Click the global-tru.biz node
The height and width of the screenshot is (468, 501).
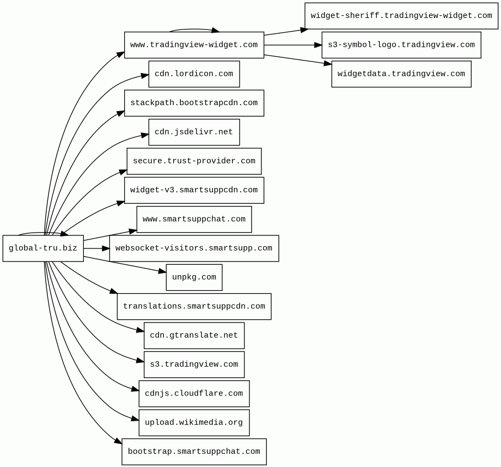43,248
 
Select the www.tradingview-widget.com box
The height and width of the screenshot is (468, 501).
194,45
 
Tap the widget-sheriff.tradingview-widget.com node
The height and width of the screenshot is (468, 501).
401,16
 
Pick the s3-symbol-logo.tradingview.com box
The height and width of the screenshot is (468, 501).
401,45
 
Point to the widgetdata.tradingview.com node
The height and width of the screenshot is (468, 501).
401,74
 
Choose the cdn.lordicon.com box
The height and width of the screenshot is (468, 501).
194,74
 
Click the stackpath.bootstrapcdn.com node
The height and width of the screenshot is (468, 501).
194,103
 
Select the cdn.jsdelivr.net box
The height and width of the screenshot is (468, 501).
194,132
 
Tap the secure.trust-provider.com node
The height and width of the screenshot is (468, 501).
194,161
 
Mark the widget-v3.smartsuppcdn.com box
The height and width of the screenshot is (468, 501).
194,190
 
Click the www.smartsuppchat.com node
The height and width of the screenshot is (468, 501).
194,220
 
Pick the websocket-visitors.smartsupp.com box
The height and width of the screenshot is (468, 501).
194,248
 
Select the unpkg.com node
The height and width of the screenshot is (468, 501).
194,277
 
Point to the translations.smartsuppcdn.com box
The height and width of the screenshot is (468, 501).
194,306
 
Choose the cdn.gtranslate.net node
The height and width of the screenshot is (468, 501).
194,335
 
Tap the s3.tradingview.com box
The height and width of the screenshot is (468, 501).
194,364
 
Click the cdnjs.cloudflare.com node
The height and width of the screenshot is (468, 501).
194,393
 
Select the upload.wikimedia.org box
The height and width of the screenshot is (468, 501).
194,423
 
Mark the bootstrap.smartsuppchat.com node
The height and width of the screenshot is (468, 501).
194,452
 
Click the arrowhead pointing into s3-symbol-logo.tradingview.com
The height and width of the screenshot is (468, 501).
318,45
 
